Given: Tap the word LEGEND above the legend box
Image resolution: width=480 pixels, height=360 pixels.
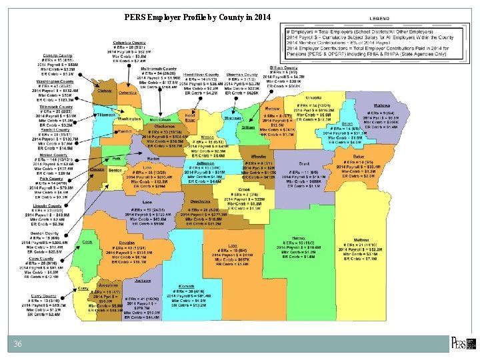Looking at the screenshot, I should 379,18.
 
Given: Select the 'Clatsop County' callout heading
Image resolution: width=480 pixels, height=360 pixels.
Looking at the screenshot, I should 58,55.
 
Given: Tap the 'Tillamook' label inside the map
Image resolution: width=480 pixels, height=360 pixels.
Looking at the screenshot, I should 107,115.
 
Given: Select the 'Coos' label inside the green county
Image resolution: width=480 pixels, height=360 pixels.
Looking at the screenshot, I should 88,242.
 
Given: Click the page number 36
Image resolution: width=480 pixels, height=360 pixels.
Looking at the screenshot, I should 19,343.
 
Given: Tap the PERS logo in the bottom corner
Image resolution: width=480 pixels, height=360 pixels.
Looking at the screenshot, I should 463,343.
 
